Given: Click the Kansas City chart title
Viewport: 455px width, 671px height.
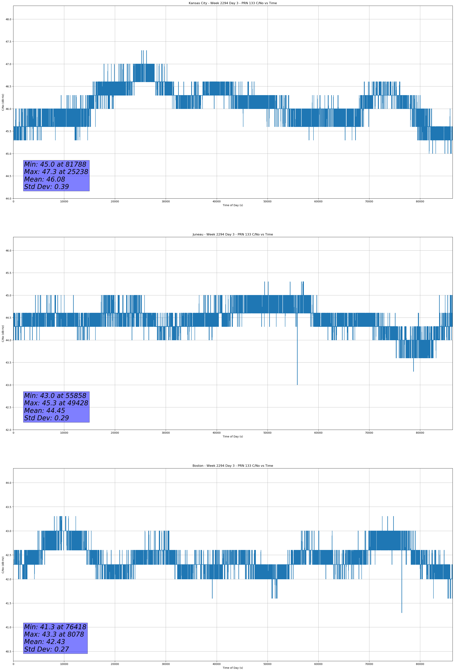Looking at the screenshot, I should pos(233,3).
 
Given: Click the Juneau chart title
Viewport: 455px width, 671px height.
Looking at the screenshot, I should pos(233,235).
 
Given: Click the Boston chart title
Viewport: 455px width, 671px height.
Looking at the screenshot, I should pos(233,466).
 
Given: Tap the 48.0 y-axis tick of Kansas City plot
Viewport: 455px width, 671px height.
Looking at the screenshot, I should pos(8,19).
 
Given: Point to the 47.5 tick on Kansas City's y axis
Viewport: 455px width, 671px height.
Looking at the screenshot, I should pos(8,42).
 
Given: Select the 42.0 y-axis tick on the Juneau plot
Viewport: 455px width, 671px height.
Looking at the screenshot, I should pos(8,430).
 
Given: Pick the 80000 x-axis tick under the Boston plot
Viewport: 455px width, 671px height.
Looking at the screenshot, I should pos(420,664).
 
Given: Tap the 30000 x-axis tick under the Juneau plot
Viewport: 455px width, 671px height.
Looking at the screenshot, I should pos(166,433).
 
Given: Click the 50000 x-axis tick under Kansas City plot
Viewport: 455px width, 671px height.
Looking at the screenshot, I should pos(267,202).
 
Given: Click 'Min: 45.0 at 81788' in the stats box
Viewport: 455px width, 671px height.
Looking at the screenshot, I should pos(55,164).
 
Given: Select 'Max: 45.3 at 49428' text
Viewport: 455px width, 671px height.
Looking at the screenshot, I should pos(56,403).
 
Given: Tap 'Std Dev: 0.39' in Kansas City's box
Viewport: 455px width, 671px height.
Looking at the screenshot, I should pos(46,187).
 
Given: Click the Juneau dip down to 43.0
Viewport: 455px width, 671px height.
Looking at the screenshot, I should pos(297,383).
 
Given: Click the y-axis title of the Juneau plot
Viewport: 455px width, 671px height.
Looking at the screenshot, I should pos(3,333).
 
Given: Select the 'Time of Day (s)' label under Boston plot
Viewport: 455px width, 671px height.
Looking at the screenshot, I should pos(233,668).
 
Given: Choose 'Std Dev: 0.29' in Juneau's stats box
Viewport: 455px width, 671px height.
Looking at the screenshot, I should pos(46,418).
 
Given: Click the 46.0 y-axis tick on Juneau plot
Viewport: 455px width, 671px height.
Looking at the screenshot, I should pos(8,251).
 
